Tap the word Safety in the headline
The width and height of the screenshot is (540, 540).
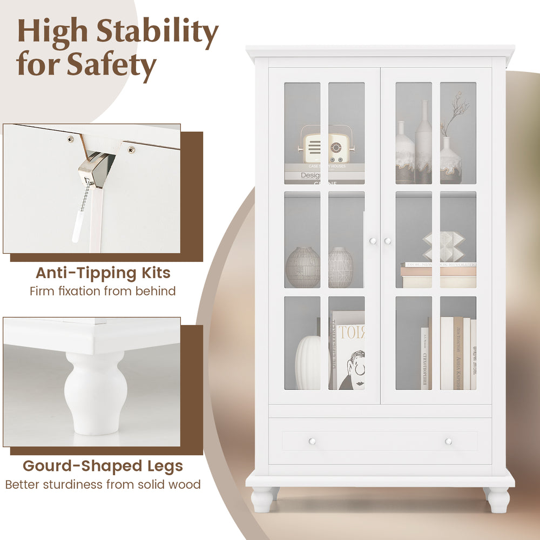(111, 64)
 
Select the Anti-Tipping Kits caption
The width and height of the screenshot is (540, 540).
(103, 273)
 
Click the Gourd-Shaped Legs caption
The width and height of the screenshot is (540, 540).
(103, 465)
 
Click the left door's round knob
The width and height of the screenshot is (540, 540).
(373, 241)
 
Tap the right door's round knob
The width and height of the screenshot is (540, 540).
(387, 241)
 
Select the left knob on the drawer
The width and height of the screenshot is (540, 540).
(312, 441)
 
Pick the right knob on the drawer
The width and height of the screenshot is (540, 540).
(448, 441)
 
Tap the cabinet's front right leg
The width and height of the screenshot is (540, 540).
(498, 500)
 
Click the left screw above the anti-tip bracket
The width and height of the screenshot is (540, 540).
(70, 139)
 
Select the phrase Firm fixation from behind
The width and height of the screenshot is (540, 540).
(103, 292)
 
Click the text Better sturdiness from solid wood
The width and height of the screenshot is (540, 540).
(103, 484)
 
